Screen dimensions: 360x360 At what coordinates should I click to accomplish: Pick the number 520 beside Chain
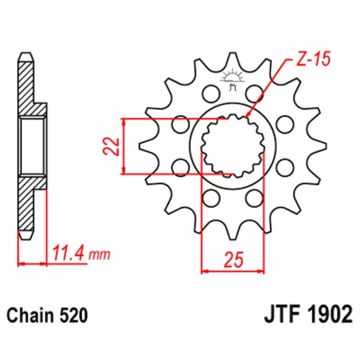point(76,315)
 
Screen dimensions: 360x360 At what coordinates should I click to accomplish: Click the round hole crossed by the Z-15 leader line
point(254,94)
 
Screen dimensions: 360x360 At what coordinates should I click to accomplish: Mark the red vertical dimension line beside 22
point(125,146)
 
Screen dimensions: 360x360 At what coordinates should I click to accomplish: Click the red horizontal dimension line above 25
point(232,271)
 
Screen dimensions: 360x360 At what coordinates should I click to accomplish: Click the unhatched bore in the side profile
point(32,145)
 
